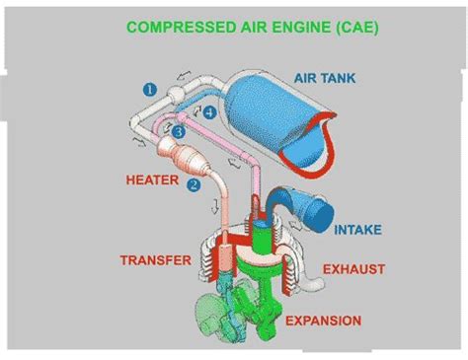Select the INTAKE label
[x=356, y=230]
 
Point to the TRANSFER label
[x=154, y=260]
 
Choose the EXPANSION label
[x=323, y=320]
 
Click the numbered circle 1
[x=150, y=89]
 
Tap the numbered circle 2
[x=194, y=183]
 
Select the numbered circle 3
[x=179, y=131]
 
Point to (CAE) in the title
[x=355, y=27]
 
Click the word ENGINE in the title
[x=295, y=27]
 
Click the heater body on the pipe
[x=183, y=157]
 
